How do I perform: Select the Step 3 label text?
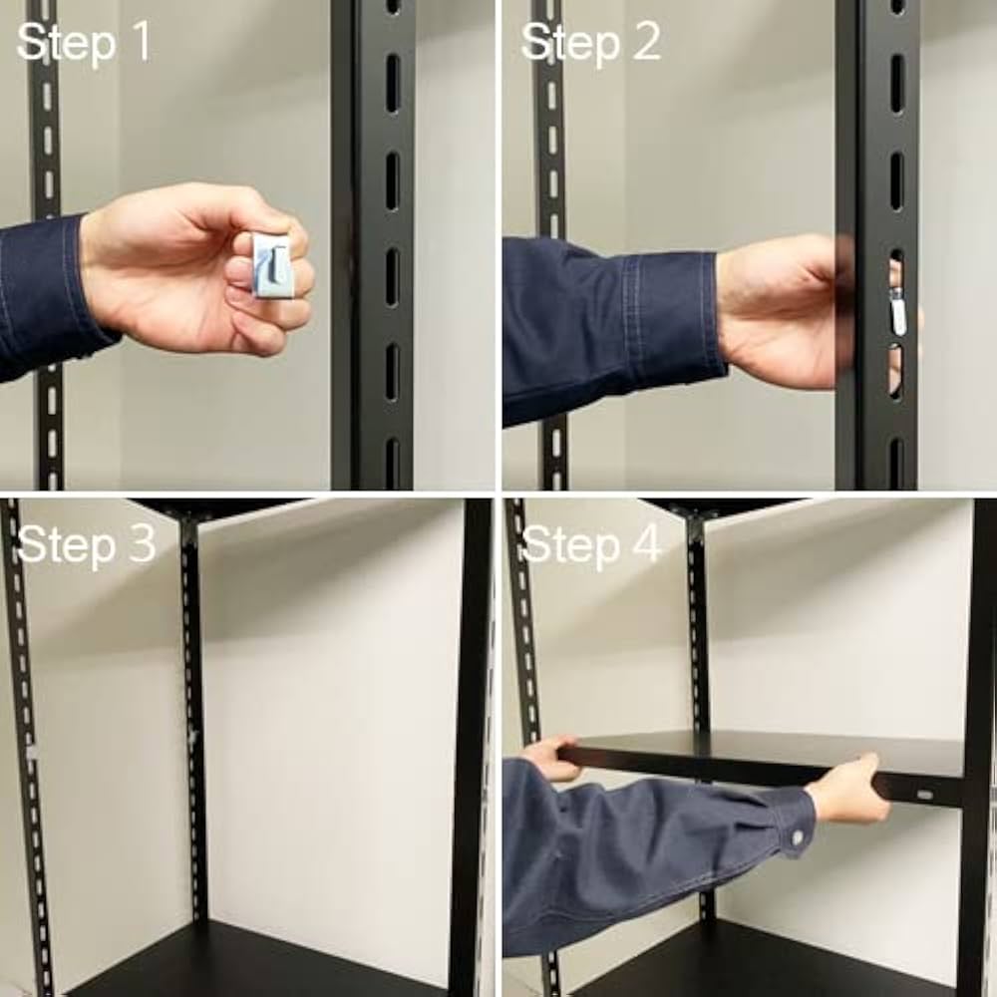[87, 544]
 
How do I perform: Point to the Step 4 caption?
[591, 544]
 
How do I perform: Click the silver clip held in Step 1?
[272, 265]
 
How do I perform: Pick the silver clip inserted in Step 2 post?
[898, 310]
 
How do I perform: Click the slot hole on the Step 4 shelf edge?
[925, 796]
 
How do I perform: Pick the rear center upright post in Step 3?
[193, 718]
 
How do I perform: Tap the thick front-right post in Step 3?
[469, 748]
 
